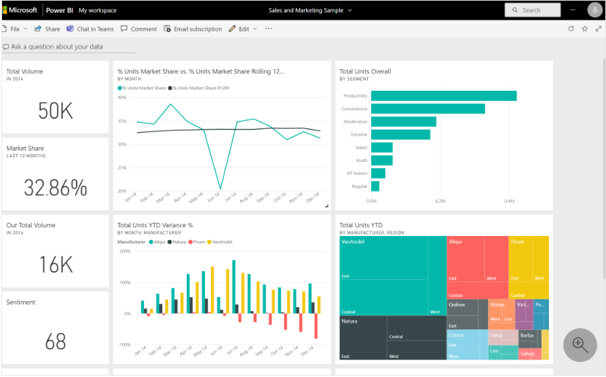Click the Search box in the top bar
click(533, 10)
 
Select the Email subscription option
click(193, 29)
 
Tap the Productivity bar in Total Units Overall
click(444, 96)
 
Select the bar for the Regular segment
click(375, 186)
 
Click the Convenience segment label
click(354, 108)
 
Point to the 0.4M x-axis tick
click(509, 201)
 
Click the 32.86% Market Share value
click(56, 188)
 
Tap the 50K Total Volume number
click(56, 111)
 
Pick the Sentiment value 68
click(56, 341)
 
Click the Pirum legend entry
click(197, 241)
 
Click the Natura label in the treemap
click(349, 321)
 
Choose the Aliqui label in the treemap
click(455, 241)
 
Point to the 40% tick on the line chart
click(122, 98)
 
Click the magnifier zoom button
click(580, 344)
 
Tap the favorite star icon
click(584, 29)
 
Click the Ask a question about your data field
click(57, 47)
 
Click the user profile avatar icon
click(594, 10)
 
